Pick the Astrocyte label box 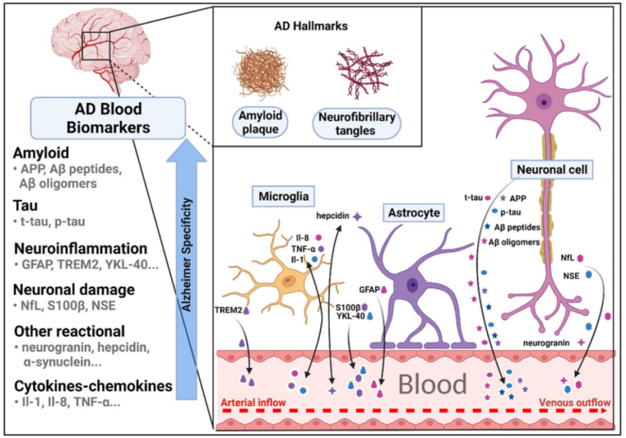[413, 213]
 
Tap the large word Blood [433, 383]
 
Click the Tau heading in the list [25, 207]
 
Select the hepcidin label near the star [331, 215]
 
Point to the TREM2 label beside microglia [228, 309]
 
